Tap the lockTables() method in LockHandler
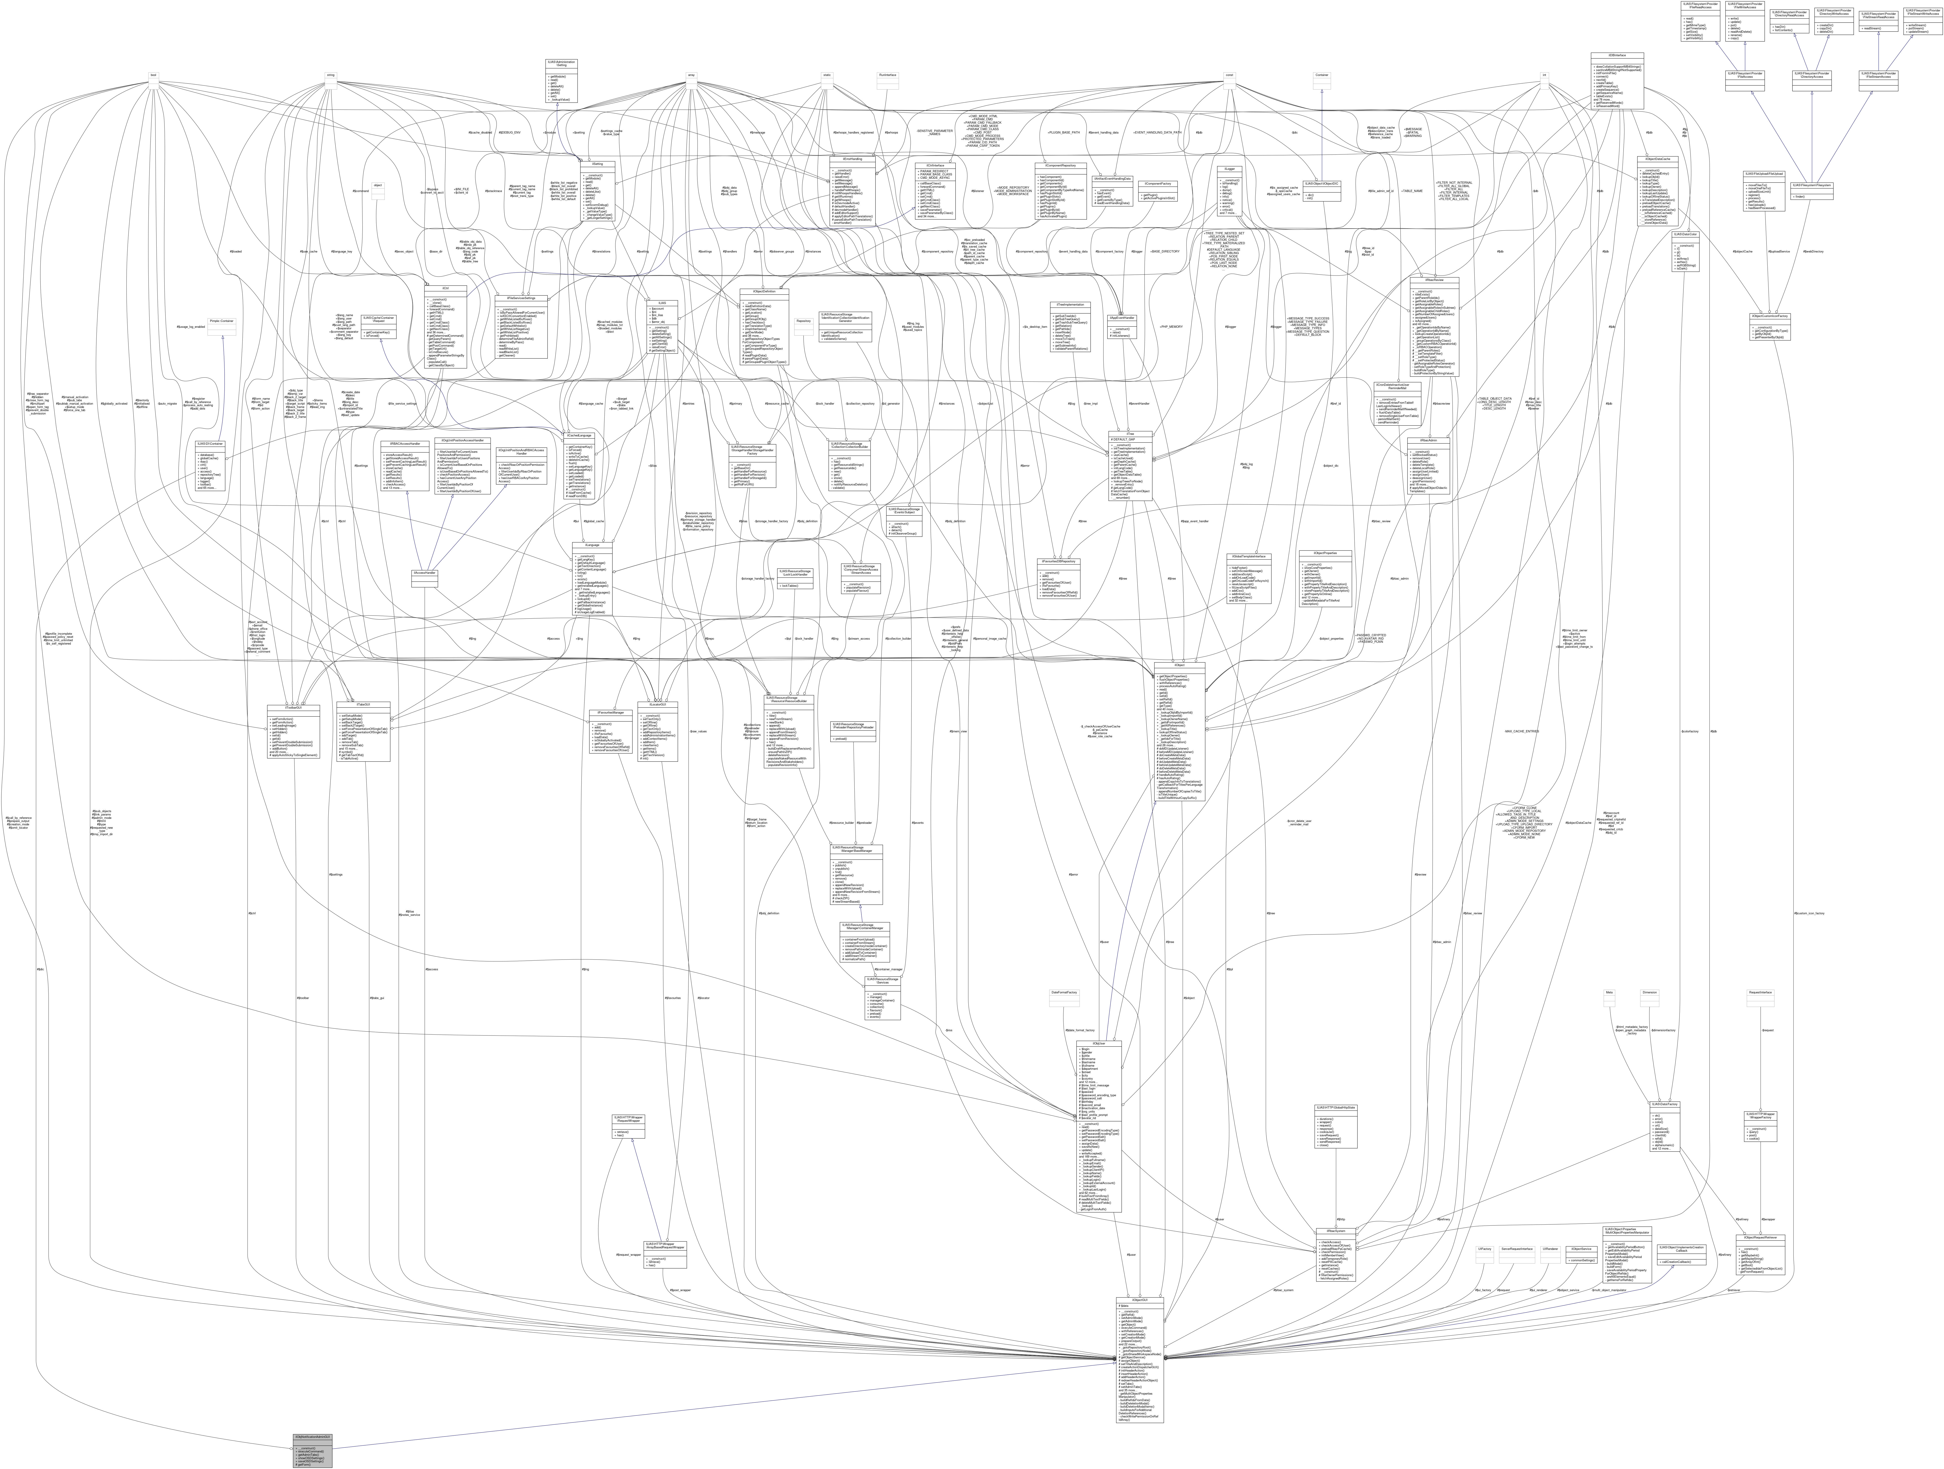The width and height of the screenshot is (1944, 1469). [794, 585]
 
